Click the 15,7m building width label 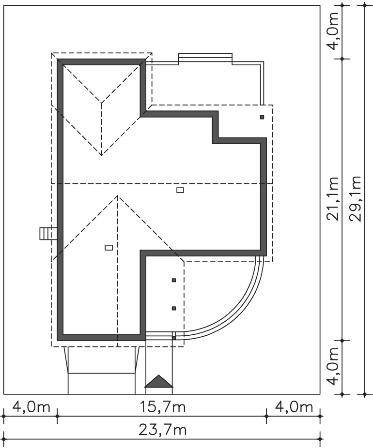pyautogui.click(x=162, y=407)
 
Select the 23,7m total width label pyautogui.click(x=162, y=430)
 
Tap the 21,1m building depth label pyautogui.click(x=333, y=198)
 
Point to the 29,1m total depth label pyautogui.click(x=356, y=198)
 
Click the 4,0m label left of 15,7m pyautogui.click(x=31, y=407)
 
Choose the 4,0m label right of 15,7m pyautogui.click(x=294, y=407)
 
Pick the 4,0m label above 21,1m pyautogui.click(x=333, y=30)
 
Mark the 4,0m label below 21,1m pyautogui.click(x=333, y=367)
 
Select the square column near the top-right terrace pyautogui.click(x=262, y=117)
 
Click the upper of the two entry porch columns pyautogui.click(x=174, y=280)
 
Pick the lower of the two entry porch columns pyautogui.click(x=174, y=308)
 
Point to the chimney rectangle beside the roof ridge pyautogui.click(x=180, y=190)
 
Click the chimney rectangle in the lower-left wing pyautogui.click(x=109, y=248)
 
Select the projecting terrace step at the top pyautogui.click(x=205, y=59)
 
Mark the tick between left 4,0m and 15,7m pyautogui.click(x=57, y=416)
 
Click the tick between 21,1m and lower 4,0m pyautogui.click(x=342, y=341)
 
